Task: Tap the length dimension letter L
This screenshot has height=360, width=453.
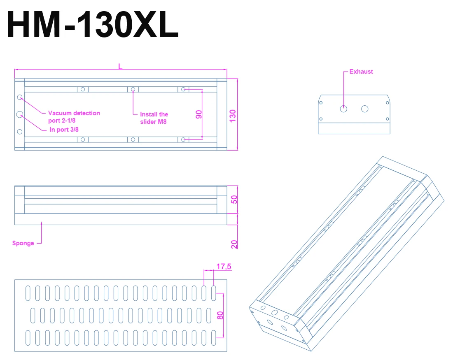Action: [x=120, y=66]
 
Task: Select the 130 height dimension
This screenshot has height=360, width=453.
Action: [x=233, y=116]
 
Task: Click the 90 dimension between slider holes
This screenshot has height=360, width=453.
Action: [x=199, y=114]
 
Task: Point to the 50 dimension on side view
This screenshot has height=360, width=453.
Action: [x=234, y=200]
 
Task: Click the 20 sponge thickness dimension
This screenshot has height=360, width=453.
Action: [x=234, y=244]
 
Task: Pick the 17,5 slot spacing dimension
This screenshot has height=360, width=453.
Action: [x=224, y=267]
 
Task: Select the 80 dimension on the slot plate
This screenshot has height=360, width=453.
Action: [x=220, y=315]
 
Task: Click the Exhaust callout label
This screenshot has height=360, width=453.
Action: [x=361, y=72]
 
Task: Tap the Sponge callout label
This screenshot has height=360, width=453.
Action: [x=23, y=243]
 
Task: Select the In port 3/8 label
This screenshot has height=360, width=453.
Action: [x=64, y=129]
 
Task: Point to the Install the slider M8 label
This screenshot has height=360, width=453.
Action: [x=154, y=118]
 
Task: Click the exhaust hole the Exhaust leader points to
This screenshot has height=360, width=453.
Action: [x=344, y=109]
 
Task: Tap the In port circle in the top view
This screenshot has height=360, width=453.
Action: [x=20, y=114]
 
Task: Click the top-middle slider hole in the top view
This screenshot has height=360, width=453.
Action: [x=133, y=89]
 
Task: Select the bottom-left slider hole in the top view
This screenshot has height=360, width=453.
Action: [x=83, y=139]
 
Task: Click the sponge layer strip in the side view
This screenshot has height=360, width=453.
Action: [x=120, y=219]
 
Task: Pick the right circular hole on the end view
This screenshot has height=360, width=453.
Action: [x=364, y=109]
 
